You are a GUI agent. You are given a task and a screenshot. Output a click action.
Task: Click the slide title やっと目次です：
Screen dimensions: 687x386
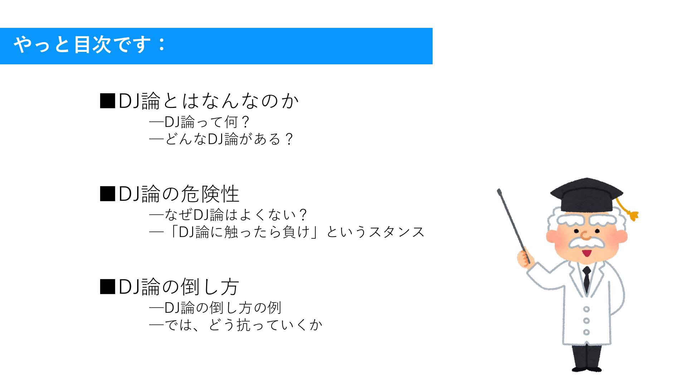(90, 45)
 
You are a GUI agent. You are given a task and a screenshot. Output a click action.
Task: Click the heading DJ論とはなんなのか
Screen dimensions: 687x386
(209, 101)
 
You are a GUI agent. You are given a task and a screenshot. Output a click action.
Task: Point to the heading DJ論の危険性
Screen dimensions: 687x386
(179, 194)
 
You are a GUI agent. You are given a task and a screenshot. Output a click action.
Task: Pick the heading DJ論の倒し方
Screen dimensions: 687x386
(179, 287)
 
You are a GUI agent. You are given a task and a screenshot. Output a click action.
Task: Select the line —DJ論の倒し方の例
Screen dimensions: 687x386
(215, 307)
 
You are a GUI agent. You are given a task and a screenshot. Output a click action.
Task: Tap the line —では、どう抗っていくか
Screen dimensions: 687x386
(236, 325)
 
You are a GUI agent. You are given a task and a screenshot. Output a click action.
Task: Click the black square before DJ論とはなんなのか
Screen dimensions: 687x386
(107, 101)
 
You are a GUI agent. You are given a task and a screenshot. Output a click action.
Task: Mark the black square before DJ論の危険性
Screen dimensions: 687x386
(107, 194)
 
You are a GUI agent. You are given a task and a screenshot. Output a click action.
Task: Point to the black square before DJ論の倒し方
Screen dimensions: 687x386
(107, 287)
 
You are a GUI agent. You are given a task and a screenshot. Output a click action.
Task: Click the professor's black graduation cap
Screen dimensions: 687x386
(587, 195)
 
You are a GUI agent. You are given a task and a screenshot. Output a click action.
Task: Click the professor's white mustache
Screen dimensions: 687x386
(586, 243)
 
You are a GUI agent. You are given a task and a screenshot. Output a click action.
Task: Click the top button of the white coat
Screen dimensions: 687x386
(586, 309)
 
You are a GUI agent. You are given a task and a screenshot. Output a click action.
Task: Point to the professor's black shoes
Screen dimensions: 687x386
(587, 368)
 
